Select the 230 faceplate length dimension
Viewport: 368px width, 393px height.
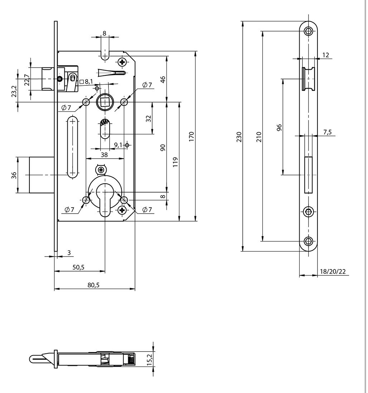(x=239, y=137)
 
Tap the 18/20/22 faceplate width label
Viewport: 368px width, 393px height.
(x=332, y=272)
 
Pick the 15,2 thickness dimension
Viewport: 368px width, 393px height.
(x=150, y=358)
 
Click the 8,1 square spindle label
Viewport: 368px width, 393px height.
(x=88, y=81)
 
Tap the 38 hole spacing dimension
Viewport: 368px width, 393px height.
(x=104, y=155)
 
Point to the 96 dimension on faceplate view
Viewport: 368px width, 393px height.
(x=280, y=127)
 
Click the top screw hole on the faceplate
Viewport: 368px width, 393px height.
(x=309, y=31)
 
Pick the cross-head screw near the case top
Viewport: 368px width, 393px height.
(x=123, y=63)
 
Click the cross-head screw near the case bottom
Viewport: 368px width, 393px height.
(x=123, y=210)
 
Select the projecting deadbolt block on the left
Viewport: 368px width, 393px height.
(x=42, y=175)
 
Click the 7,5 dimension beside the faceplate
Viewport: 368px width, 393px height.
(x=327, y=132)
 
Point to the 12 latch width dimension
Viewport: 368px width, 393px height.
(x=325, y=55)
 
